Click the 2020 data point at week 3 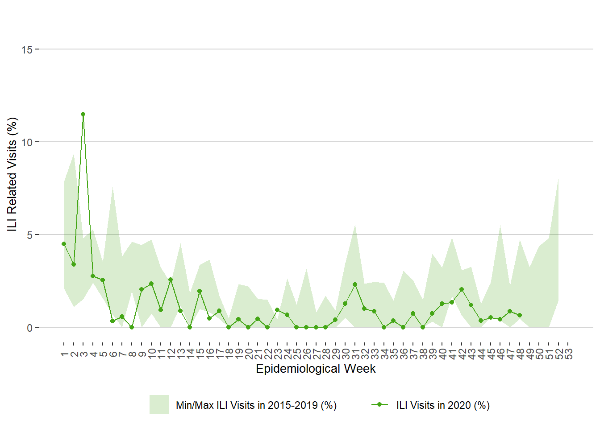tap(83, 114)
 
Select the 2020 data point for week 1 tap(64, 244)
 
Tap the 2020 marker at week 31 tap(355, 284)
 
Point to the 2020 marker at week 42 tap(462, 289)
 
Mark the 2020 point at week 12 tap(171, 280)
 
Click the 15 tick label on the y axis tap(27, 49)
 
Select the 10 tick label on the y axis tap(27, 142)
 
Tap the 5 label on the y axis tap(29, 235)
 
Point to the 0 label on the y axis tap(29, 328)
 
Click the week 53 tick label tap(568, 354)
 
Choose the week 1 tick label tap(64, 354)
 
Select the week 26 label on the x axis tap(306, 354)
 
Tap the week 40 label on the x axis tap(442, 354)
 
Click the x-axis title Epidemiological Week tap(316, 369)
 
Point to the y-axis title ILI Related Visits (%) tap(12, 174)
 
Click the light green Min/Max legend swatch tap(159, 404)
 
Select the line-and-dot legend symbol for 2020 tap(379, 404)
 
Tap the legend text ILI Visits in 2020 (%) tap(443, 405)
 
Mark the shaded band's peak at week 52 tap(558, 179)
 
